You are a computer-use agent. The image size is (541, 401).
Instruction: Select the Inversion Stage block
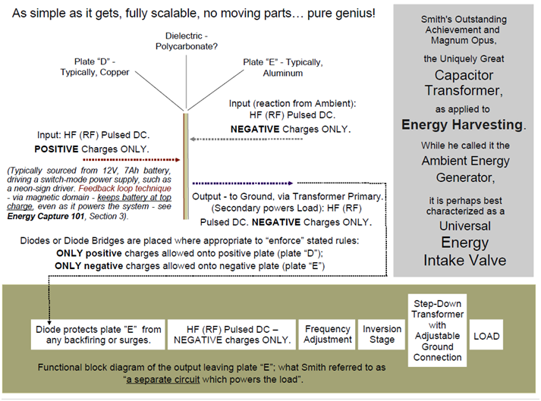(x=382, y=334)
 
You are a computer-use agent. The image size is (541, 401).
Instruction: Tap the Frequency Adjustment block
(x=328, y=334)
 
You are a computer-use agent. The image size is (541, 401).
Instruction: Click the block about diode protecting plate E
(x=99, y=334)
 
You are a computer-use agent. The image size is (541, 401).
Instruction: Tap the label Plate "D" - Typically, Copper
(x=95, y=67)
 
